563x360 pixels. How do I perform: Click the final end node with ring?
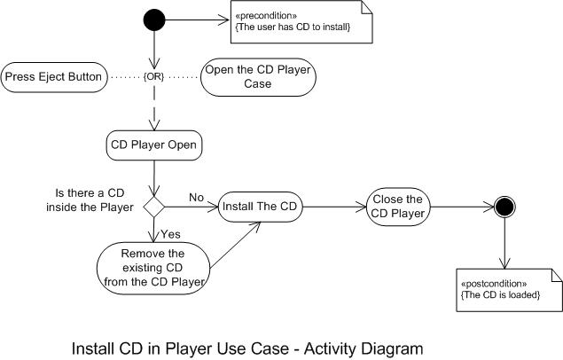pyautogui.click(x=505, y=207)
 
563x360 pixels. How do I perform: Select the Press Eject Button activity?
pyautogui.click(x=54, y=78)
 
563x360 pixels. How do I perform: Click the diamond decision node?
pyautogui.click(x=156, y=207)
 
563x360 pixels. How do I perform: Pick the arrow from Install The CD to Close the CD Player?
pyautogui.click(x=333, y=207)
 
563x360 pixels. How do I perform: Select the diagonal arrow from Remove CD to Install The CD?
pyautogui.click(x=234, y=244)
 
